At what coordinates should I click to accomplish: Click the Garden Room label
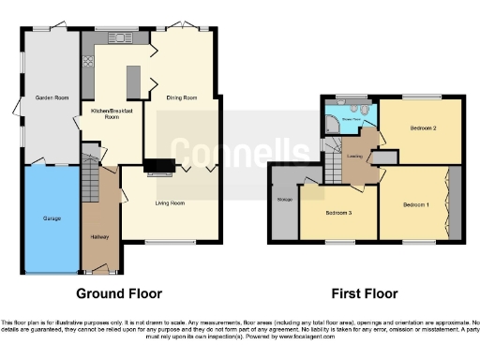tap(52, 97)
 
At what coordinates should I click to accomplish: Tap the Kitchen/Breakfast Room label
tap(112, 114)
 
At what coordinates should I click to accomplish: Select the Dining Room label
tap(181, 97)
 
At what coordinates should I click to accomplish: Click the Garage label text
tap(52, 218)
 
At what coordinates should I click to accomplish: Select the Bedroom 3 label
tap(338, 214)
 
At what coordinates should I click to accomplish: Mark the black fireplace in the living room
tap(157, 169)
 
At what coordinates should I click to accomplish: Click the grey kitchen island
tap(132, 76)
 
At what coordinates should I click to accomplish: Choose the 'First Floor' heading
tap(365, 292)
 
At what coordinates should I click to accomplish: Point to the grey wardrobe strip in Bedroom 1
tap(455, 202)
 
